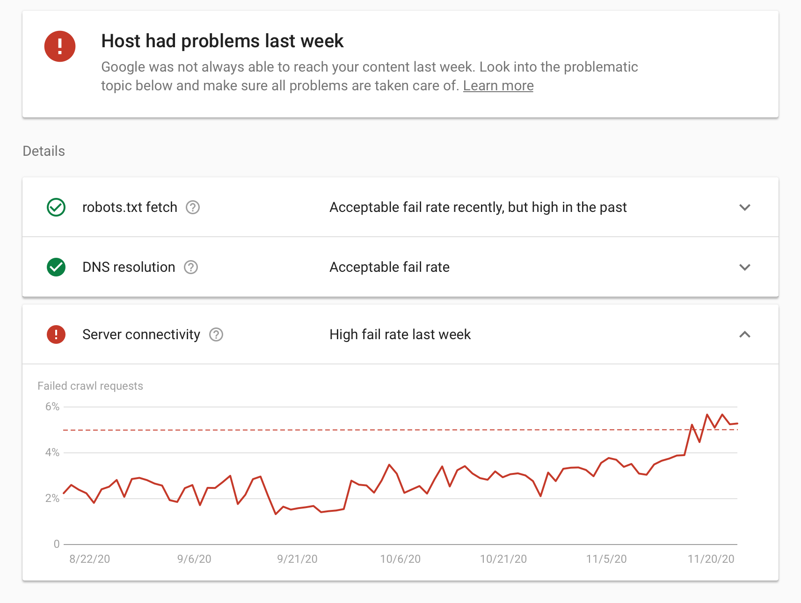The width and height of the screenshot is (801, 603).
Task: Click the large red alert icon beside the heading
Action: pos(60,46)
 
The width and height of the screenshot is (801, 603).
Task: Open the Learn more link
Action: pos(498,86)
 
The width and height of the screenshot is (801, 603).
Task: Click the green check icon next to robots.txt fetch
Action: pos(56,207)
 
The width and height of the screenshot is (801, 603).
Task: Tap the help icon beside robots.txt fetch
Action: pos(193,207)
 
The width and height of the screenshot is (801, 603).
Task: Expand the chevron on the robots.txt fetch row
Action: pos(744,207)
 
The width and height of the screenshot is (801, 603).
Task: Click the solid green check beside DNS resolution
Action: pos(56,267)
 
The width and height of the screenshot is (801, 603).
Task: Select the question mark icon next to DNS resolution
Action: pos(191,267)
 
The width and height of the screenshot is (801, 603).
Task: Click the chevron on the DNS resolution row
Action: pos(744,267)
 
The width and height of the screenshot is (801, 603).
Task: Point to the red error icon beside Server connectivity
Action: pos(56,334)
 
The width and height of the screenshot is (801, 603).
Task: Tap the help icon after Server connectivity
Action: pos(216,334)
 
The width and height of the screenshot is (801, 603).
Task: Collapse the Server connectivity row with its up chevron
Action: pos(744,334)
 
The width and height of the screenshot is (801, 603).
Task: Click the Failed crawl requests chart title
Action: pos(90,386)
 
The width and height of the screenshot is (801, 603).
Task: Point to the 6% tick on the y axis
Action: pos(52,407)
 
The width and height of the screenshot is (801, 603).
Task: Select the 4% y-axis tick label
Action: pos(52,452)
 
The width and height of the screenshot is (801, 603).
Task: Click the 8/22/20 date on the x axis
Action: pos(90,559)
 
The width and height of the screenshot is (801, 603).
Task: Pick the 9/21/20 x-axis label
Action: pos(297,559)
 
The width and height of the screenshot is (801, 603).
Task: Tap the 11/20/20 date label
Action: pos(711,559)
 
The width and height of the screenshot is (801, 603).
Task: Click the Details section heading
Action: pos(44,151)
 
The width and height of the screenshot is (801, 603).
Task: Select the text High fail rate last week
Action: pos(400,334)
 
